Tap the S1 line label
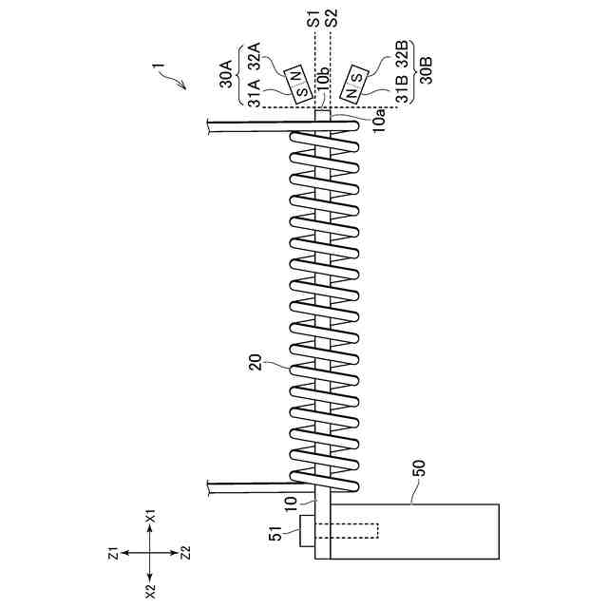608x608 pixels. click(x=313, y=16)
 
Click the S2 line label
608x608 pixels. click(x=330, y=16)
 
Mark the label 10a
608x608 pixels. click(x=379, y=119)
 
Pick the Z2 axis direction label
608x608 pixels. click(x=185, y=551)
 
